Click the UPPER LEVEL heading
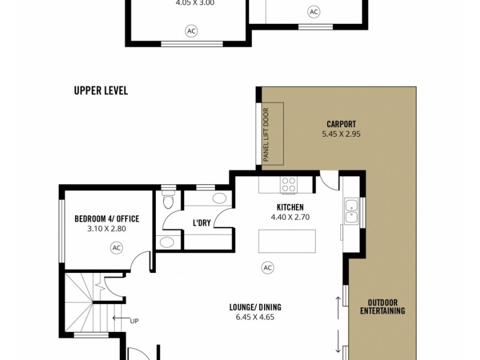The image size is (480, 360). tap(101, 91)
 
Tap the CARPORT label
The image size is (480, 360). tap(341, 125)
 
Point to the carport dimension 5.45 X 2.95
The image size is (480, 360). tap(341, 134)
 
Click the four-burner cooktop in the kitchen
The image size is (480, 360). tap(289, 184)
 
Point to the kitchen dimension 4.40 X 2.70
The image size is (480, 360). tap(290, 217)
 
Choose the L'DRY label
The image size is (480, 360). tap(202, 223)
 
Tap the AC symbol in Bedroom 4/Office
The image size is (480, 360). tap(116, 247)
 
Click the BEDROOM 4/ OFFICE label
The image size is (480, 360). tap(107, 219)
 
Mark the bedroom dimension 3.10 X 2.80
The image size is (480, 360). tap(107, 229)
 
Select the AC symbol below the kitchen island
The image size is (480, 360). tap(267, 268)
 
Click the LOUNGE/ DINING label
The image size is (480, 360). tap(255, 307)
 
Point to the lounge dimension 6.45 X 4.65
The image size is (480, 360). tap(255, 317)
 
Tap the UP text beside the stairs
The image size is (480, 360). tap(134, 321)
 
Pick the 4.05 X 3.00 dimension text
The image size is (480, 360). tap(194, 3)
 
